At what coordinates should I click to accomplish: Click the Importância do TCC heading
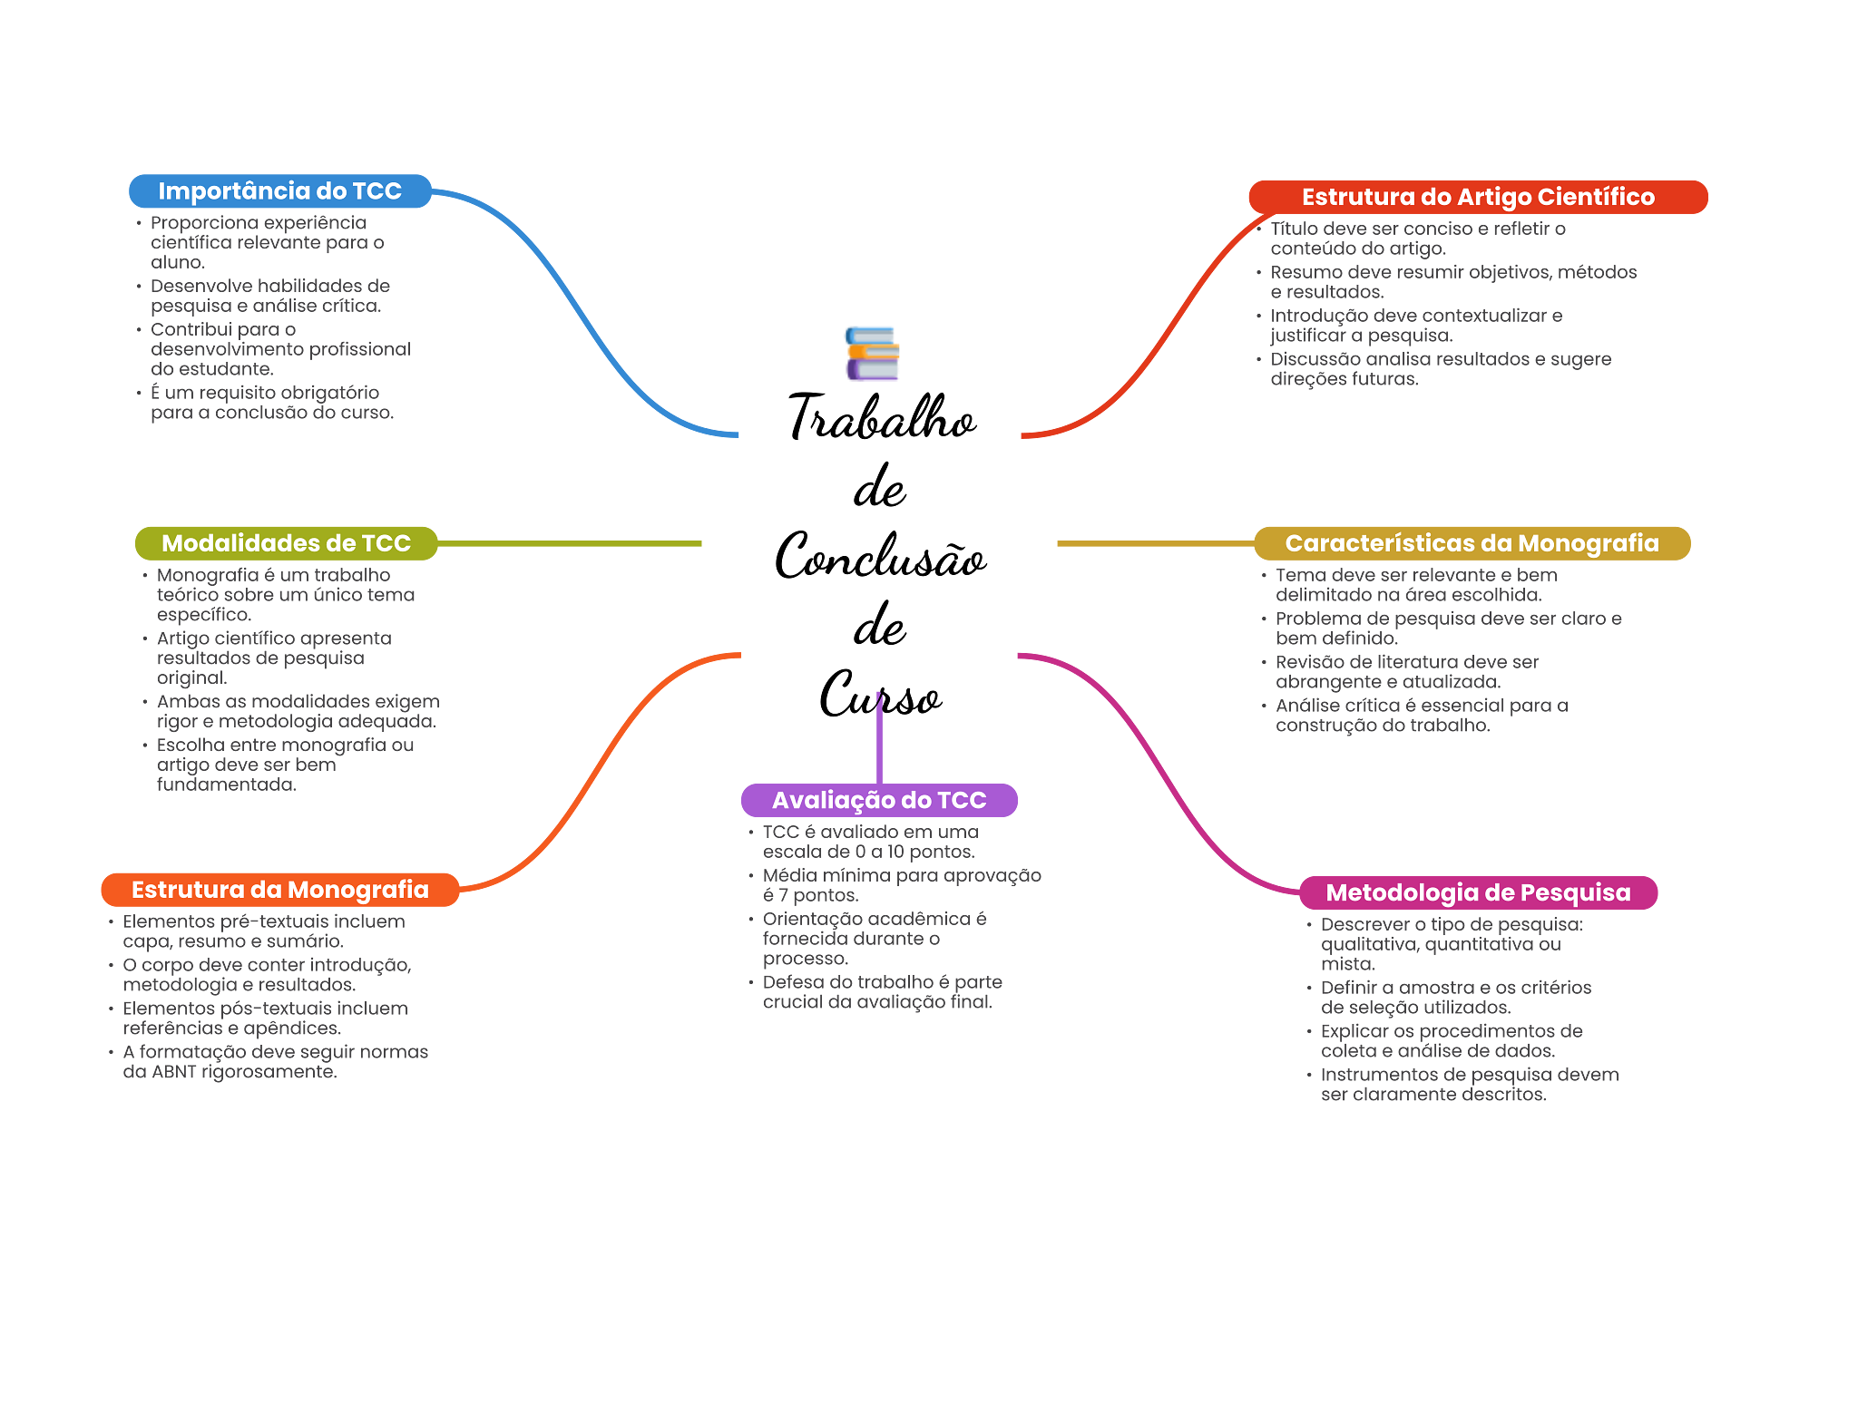point(279,191)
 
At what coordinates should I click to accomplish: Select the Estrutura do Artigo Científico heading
point(1477,197)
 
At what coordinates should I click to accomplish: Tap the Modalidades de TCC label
point(286,543)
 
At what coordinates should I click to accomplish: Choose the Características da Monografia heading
point(1472,543)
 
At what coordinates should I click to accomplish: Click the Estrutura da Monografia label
point(279,890)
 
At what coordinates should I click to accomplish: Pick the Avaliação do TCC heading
point(878,800)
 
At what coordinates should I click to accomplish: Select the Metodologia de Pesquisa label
point(1477,892)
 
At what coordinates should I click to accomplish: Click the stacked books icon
point(873,354)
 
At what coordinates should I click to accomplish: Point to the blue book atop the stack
point(871,335)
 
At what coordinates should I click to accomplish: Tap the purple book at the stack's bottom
point(873,371)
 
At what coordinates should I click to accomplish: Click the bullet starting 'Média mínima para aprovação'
point(900,885)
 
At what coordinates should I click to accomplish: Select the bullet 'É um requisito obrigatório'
point(270,403)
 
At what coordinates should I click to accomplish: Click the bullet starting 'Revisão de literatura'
point(1405,672)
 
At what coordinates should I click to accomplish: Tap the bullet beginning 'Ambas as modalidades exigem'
point(296,712)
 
